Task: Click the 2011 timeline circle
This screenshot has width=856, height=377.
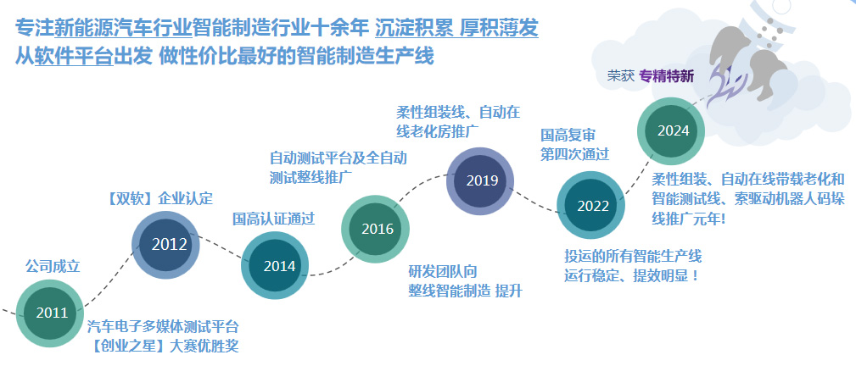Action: pos(50,313)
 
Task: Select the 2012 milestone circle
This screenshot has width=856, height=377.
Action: pos(166,245)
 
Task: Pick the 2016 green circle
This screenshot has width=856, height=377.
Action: pos(376,229)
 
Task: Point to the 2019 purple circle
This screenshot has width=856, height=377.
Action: pos(480,180)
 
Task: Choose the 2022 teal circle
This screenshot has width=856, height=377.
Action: pos(591,205)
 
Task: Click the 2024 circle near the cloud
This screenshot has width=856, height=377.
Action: pos(672,131)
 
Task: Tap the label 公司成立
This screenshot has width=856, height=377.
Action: pos(53,266)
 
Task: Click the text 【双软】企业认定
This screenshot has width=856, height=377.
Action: pos(160,198)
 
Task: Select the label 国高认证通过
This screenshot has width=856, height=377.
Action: pos(274,219)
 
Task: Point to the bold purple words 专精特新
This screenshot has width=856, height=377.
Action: pos(667,76)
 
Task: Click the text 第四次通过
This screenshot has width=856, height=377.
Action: pos(575,154)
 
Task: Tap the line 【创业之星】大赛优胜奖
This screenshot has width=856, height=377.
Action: pos(163,346)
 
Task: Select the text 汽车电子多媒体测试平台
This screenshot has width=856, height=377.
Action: pos(163,327)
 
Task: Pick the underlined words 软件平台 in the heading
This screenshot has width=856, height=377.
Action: pos(74,56)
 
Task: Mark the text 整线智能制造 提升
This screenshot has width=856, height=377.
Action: pos(465,291)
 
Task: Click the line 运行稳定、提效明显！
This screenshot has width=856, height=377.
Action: pos(632,275)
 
